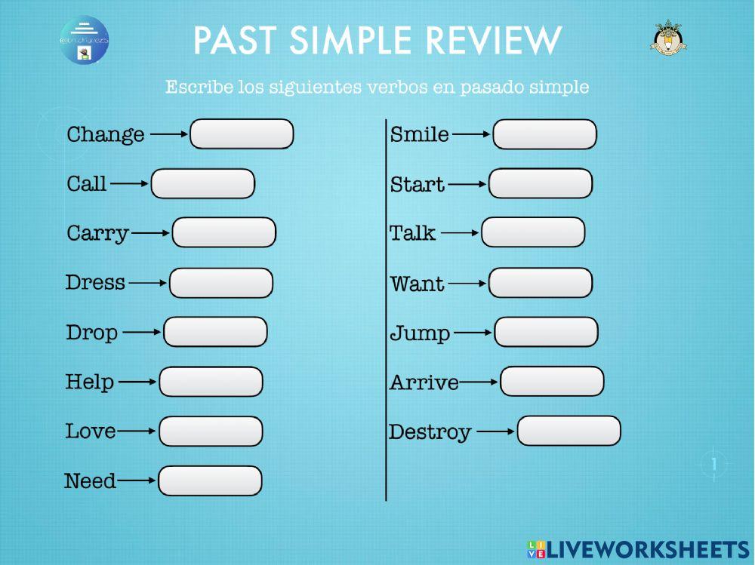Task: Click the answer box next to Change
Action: [x=242, y=134]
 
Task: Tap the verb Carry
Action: [x=97, y=233]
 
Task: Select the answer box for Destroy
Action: [x=569, y=431]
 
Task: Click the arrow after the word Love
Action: [x=137, y=431]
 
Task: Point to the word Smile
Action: [x=419, y=135]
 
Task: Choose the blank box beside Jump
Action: [x=546, y=333]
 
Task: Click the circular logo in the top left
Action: [x=85, y=40]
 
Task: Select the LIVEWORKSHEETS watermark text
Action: [x=648, y=548]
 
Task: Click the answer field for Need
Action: [x=210, y=481]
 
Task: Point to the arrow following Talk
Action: [x=460, y=233]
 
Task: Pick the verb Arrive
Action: [x=424, y=383]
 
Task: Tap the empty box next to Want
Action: [x=541, y=284]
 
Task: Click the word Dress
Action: [x=95, y=283]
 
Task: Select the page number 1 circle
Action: [x=714, y=464]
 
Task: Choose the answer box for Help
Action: [x=211, y=382]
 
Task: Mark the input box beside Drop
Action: [x=215, y=332]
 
